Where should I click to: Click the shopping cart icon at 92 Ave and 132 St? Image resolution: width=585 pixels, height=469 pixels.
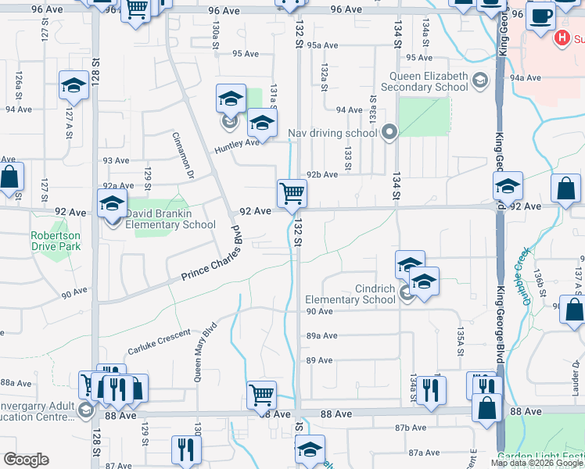[292, 192]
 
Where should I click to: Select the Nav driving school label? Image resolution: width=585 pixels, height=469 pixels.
[332, 133]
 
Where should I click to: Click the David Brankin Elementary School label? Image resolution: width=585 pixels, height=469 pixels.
[170, 219]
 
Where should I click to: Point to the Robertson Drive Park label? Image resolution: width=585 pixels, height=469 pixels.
[56, 241]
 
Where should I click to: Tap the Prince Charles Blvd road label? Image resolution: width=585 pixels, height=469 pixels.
[213, 258]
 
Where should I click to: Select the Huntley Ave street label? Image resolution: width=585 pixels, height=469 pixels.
[238, 142]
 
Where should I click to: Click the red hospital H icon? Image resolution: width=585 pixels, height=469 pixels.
[561, 38]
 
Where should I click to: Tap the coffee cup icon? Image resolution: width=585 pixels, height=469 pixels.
[540, 15]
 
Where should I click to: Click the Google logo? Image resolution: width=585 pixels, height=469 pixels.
[26, 460]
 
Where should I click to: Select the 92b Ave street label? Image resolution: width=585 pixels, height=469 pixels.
[321, 175]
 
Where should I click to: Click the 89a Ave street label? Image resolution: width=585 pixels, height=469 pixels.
[321, 335]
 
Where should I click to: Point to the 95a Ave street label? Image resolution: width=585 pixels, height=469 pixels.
[321, 45]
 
